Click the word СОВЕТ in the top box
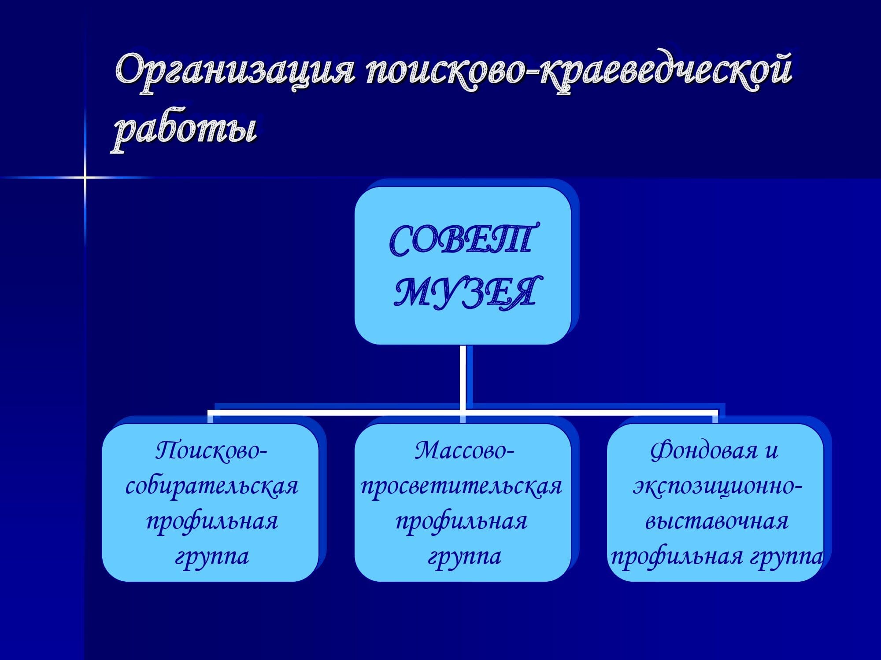tap(463, 240)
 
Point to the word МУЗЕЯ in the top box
tap(465, 291)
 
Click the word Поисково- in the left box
tap(211, 451)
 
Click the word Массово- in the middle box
tap(464, 451)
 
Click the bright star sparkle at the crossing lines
tap(85, 177)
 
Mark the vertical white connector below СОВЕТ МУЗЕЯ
tap(463, 378)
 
